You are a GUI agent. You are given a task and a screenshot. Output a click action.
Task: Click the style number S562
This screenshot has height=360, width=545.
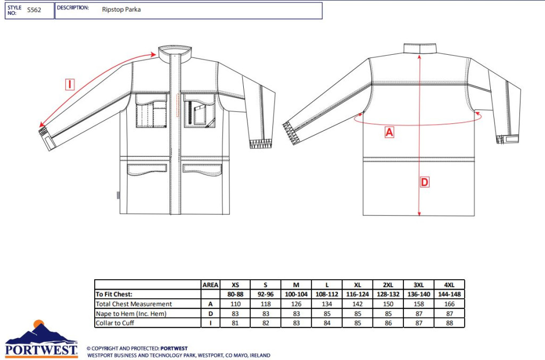click(x=34, y=10)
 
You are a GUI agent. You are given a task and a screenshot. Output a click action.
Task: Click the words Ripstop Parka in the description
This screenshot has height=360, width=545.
click(x=121, y=10)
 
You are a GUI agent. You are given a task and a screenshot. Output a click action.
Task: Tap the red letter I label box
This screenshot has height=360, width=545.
click(x=70, y=85)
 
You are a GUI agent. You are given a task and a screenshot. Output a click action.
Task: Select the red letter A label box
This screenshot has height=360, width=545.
click(x=389, y=132)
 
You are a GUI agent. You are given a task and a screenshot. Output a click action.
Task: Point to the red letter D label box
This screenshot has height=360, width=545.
click(x=424, y=182)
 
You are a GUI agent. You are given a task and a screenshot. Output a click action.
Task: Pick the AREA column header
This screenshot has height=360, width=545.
click(x=210, y=285)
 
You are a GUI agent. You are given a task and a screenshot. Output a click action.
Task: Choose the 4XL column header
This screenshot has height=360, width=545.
click(x=449, y=285)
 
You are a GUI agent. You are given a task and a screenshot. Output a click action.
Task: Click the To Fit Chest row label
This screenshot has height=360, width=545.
click(x=114, y=295)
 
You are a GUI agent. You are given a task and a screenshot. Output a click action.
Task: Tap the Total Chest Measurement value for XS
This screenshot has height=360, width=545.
click(x=235, y=304)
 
